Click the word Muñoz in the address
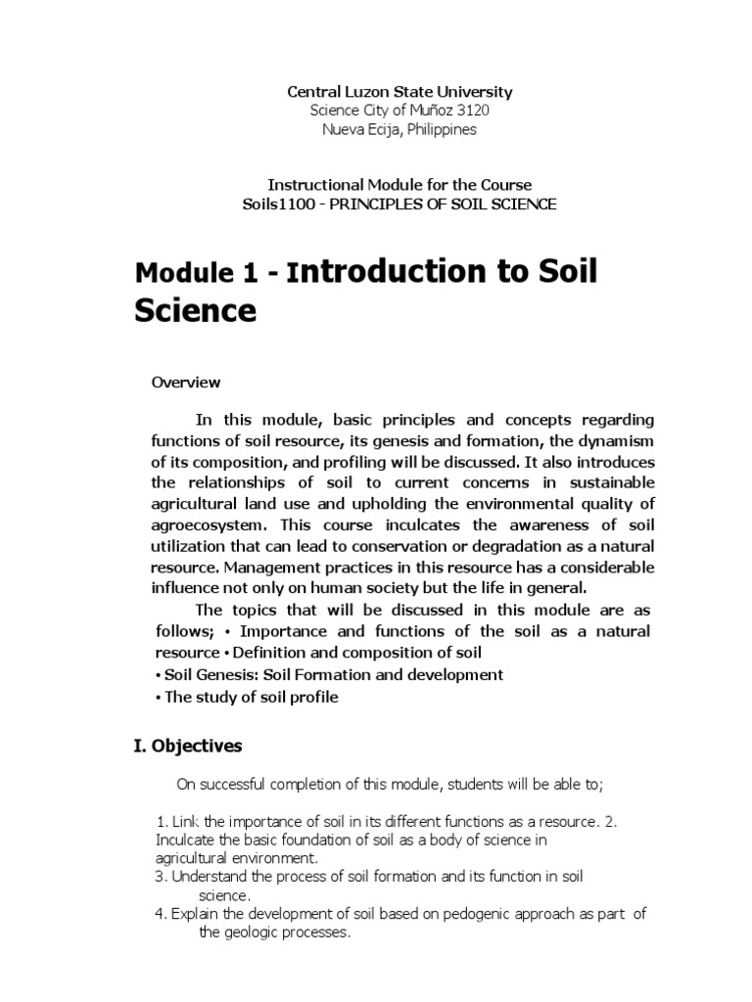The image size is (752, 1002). (x=422, y=111)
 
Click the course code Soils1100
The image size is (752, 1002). (x=272, y=204)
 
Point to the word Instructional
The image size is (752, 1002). (x=311, y=184)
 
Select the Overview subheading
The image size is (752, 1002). (x=186, y=382)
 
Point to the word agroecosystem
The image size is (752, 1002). (x=204, y=524)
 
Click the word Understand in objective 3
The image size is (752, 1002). (x=210, y=877)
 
